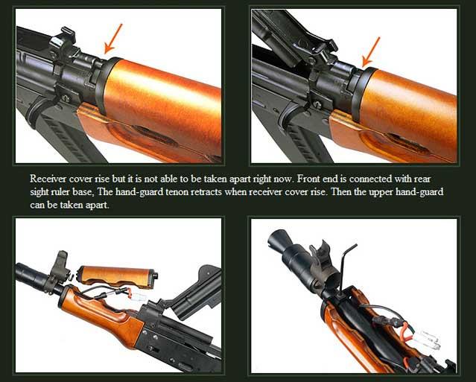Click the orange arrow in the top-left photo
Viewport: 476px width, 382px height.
112,39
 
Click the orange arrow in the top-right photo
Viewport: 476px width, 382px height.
371,52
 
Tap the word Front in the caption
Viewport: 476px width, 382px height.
307,179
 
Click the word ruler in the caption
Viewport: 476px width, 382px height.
54,192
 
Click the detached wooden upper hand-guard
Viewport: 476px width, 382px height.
118,277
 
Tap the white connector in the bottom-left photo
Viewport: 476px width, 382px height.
137,296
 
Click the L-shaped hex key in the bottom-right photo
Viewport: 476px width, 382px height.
345,267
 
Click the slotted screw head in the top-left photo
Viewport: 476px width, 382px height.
66,98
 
